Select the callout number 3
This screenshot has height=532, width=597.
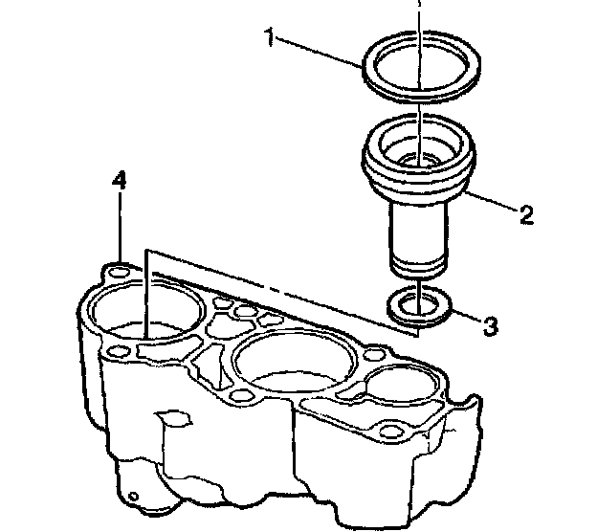(489, 326)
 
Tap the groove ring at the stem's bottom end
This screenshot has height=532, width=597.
(419, 264)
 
